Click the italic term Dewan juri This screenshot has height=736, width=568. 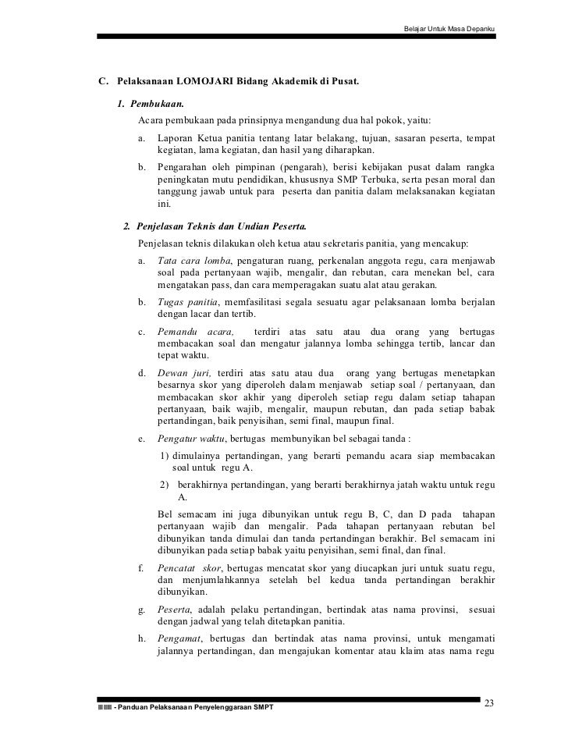(183, 372)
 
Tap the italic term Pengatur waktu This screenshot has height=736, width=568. (187, 440)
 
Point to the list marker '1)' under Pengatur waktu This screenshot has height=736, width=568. (165, 456)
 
